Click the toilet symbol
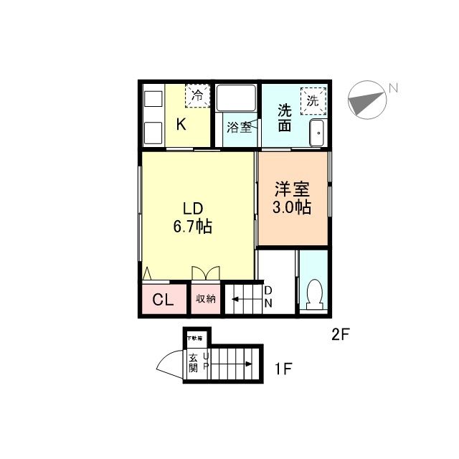coord(313,293)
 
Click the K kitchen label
coord(181,125)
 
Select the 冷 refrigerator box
coord(196,94)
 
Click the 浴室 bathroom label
coord(239,128)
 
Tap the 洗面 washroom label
coord(284,118)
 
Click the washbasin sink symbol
coord(316,132)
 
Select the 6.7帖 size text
coord(191,227)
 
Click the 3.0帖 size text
coord(291,208)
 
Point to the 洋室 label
coord(291,190)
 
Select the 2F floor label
coord(340,333)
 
